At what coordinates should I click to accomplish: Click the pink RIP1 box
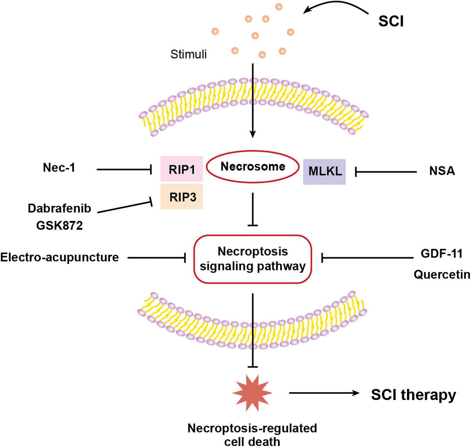[x=181, y=168]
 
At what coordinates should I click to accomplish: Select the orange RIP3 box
[x=181, y=196]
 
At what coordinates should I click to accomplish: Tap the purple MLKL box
[x=324, y=172]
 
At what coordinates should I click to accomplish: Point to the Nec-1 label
[x=59, y=168]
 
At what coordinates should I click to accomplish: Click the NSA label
[x=442, y=171]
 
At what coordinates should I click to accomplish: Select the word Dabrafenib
[x=59, y=208]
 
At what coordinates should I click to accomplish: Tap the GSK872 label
[x=59, y=225]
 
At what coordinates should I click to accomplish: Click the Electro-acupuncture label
[x=59, y=257]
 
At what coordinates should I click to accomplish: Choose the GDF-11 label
[x=441, y=254]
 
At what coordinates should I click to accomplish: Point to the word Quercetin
[x=442, y=274]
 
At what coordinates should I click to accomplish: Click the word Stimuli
[x=188, y=54]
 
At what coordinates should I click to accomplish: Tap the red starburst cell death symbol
[x=252, y=393]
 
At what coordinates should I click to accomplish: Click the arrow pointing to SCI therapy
[x=324, y=393]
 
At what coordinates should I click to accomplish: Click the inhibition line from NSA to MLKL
[x=386, y=172]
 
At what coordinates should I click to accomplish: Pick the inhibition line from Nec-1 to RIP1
[x=124, y=169]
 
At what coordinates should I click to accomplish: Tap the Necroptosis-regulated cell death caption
[x=252, y=435]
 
